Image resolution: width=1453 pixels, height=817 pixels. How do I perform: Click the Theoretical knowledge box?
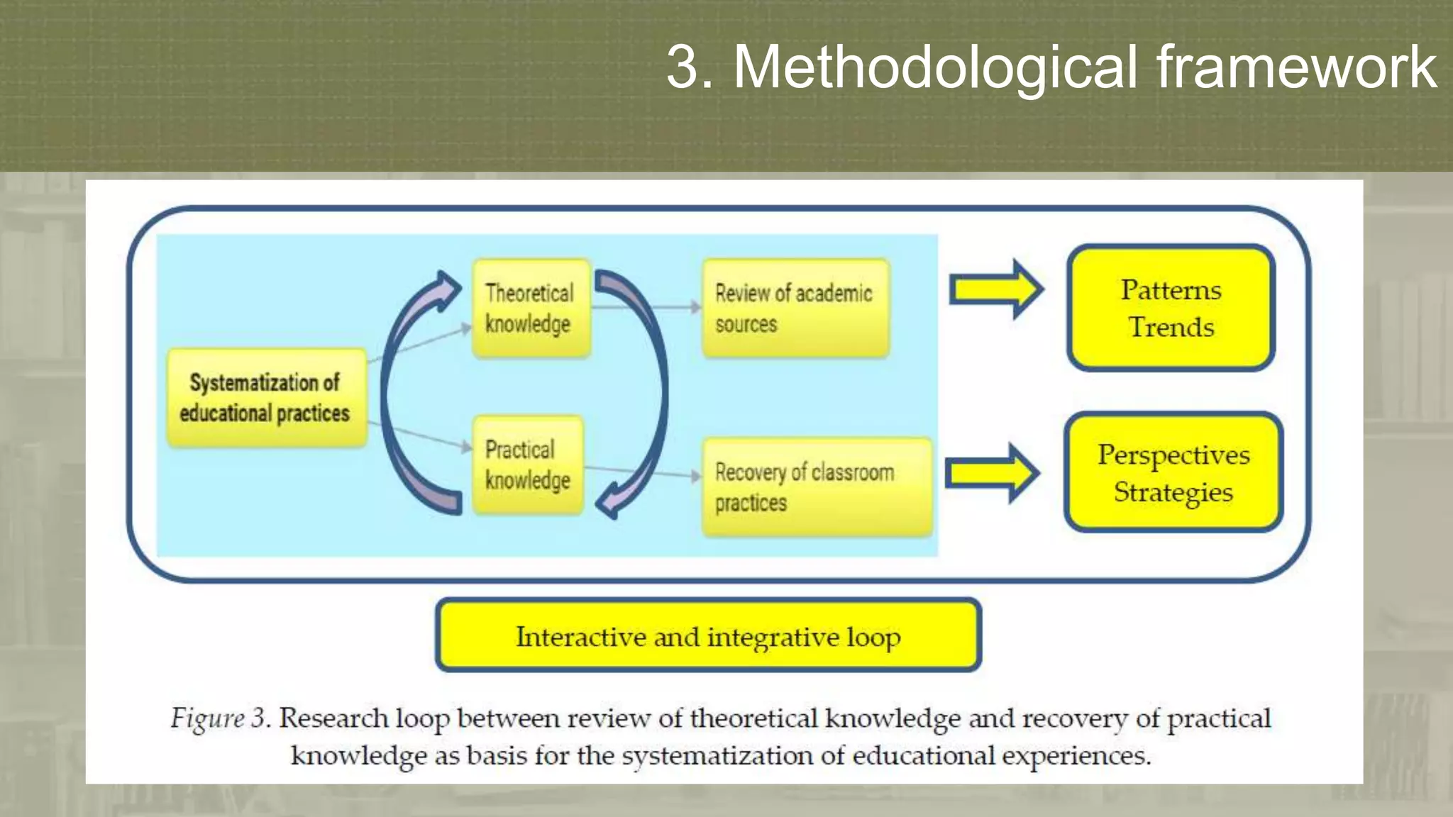(x=531, y=308)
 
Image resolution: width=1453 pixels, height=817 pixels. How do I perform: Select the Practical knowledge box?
(x=529, y=465)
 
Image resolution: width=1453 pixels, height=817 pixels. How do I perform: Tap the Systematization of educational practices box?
(x=266, y=397)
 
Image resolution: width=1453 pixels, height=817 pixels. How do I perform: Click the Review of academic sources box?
(x=795, y=308)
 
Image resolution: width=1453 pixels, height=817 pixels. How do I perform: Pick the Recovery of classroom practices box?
(x=816, y=487)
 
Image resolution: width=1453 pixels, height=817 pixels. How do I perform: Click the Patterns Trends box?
(x=1171, y=308)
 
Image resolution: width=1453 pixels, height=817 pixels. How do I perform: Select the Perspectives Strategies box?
(x=1173, y=472)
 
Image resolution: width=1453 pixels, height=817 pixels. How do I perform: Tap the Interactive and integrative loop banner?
(x=708, y=635)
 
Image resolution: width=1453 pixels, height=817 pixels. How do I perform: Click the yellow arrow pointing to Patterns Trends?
(x=996, y=289)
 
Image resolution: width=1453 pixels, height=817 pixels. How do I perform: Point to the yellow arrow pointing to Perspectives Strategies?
(x=992, y=473)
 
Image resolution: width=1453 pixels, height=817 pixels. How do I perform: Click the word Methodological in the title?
(x=935, y=67)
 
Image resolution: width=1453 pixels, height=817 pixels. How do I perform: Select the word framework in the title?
(x=1295, y=67)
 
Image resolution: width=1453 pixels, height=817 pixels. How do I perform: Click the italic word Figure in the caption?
(x=207, y=718)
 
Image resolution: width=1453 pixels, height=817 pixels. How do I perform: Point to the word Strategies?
(x=1173, y=492)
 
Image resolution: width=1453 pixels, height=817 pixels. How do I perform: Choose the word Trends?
(x=1171, y=328)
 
